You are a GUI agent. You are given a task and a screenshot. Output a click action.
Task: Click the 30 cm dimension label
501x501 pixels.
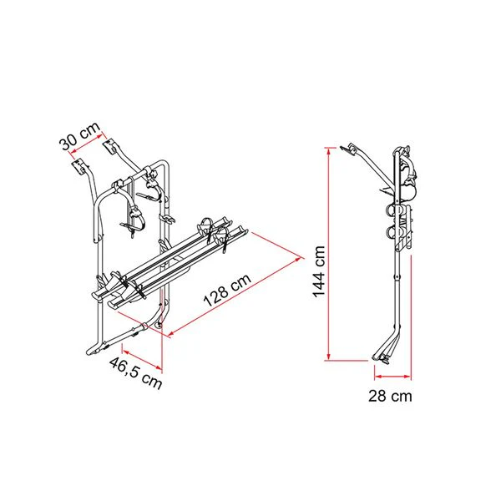(x=79, y=136)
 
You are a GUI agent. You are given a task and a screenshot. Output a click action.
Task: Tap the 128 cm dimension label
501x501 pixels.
(x=227, y=290)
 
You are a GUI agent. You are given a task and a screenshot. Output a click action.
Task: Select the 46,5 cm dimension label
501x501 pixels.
(x=136, y=373)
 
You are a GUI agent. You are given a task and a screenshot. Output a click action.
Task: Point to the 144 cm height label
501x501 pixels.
(x=319, y=272)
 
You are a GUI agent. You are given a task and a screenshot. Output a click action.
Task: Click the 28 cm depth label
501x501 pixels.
(x=390, y=396)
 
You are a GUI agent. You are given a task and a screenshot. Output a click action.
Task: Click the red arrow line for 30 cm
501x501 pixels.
(x=86, y=147)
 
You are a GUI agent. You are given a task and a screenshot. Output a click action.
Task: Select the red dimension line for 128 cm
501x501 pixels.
(x=235, y=296)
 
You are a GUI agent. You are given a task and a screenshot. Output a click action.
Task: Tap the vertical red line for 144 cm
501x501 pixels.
(x=329, y=254)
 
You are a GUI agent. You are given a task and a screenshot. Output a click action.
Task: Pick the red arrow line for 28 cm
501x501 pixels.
(x=392, y=377)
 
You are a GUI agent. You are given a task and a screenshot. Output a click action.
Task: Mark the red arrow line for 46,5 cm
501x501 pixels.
(x=143, y=360)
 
